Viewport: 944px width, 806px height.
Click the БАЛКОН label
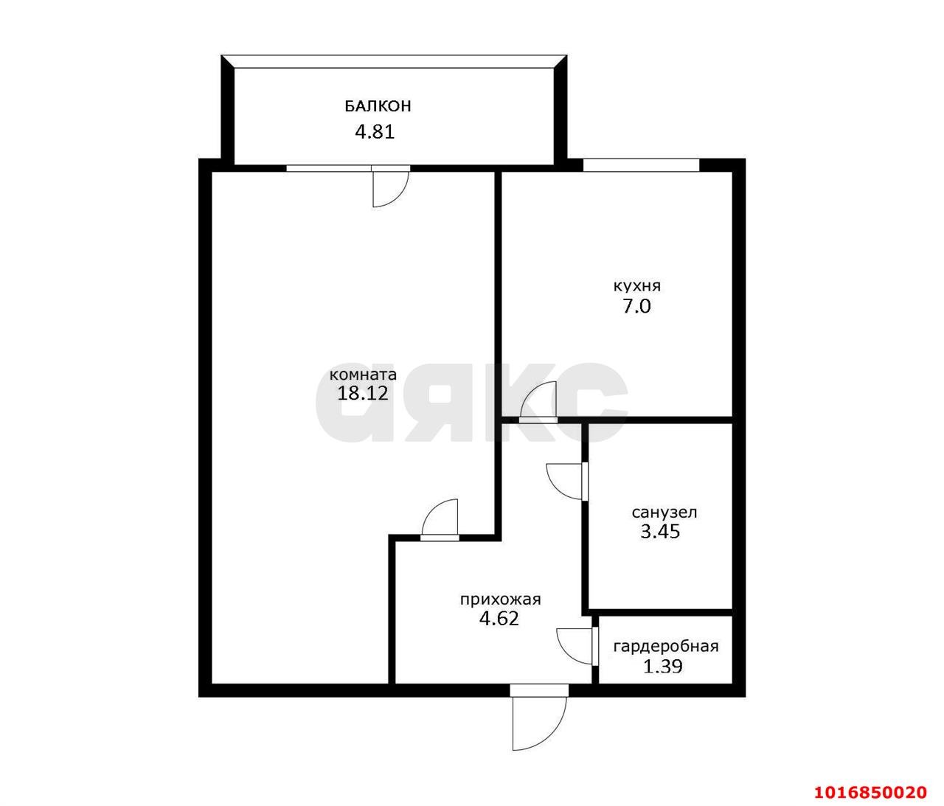pos(378,106)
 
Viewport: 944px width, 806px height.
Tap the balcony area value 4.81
pos(375,132)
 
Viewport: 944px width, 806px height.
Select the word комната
pos(363,375)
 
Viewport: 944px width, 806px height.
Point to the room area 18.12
pos(363,393)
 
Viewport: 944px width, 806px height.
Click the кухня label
pos(636,286)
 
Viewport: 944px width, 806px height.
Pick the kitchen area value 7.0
pos(636,306)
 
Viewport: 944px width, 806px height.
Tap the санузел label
pos(664,513)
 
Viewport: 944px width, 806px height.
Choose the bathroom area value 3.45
pos(660,532)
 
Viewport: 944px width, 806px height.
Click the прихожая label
pos(500,600)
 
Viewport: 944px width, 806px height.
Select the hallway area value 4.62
pos(499,619)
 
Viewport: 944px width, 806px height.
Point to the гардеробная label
pos(666,647)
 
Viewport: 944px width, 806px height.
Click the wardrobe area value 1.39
pos(663,667)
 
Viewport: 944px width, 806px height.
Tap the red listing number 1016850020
pos(870,779)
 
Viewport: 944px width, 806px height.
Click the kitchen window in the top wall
pos(641,165)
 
